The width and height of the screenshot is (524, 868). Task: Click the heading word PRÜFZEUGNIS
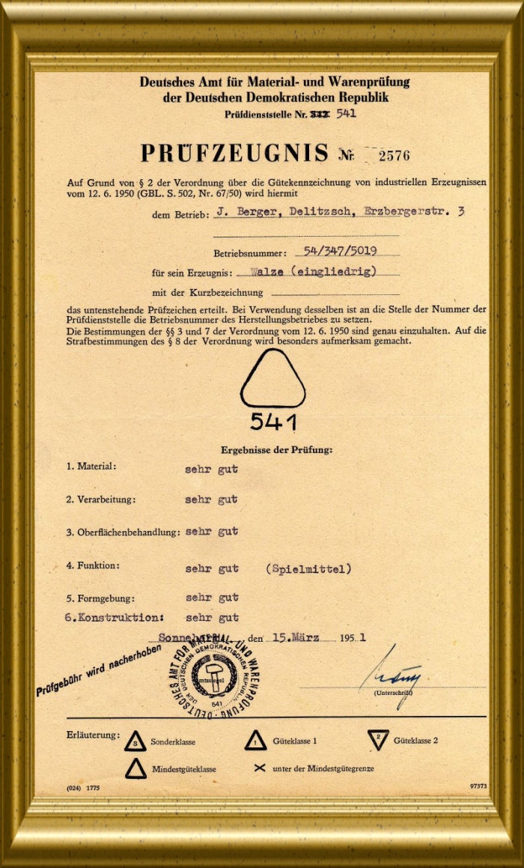(234, 154)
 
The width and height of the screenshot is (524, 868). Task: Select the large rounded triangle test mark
(272, 380)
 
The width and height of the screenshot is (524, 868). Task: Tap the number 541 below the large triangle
(272, 422)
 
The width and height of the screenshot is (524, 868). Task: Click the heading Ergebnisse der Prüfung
(276, 450)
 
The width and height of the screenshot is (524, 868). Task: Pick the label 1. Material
(91, 467)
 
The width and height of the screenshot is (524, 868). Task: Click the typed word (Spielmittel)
(308, 569)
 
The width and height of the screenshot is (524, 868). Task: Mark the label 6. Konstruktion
(115, 618)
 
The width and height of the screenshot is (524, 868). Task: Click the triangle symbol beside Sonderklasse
(135, 741)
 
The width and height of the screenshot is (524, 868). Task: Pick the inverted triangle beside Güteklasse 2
(380, 740)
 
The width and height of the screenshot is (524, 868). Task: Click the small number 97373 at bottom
(478, 787)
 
